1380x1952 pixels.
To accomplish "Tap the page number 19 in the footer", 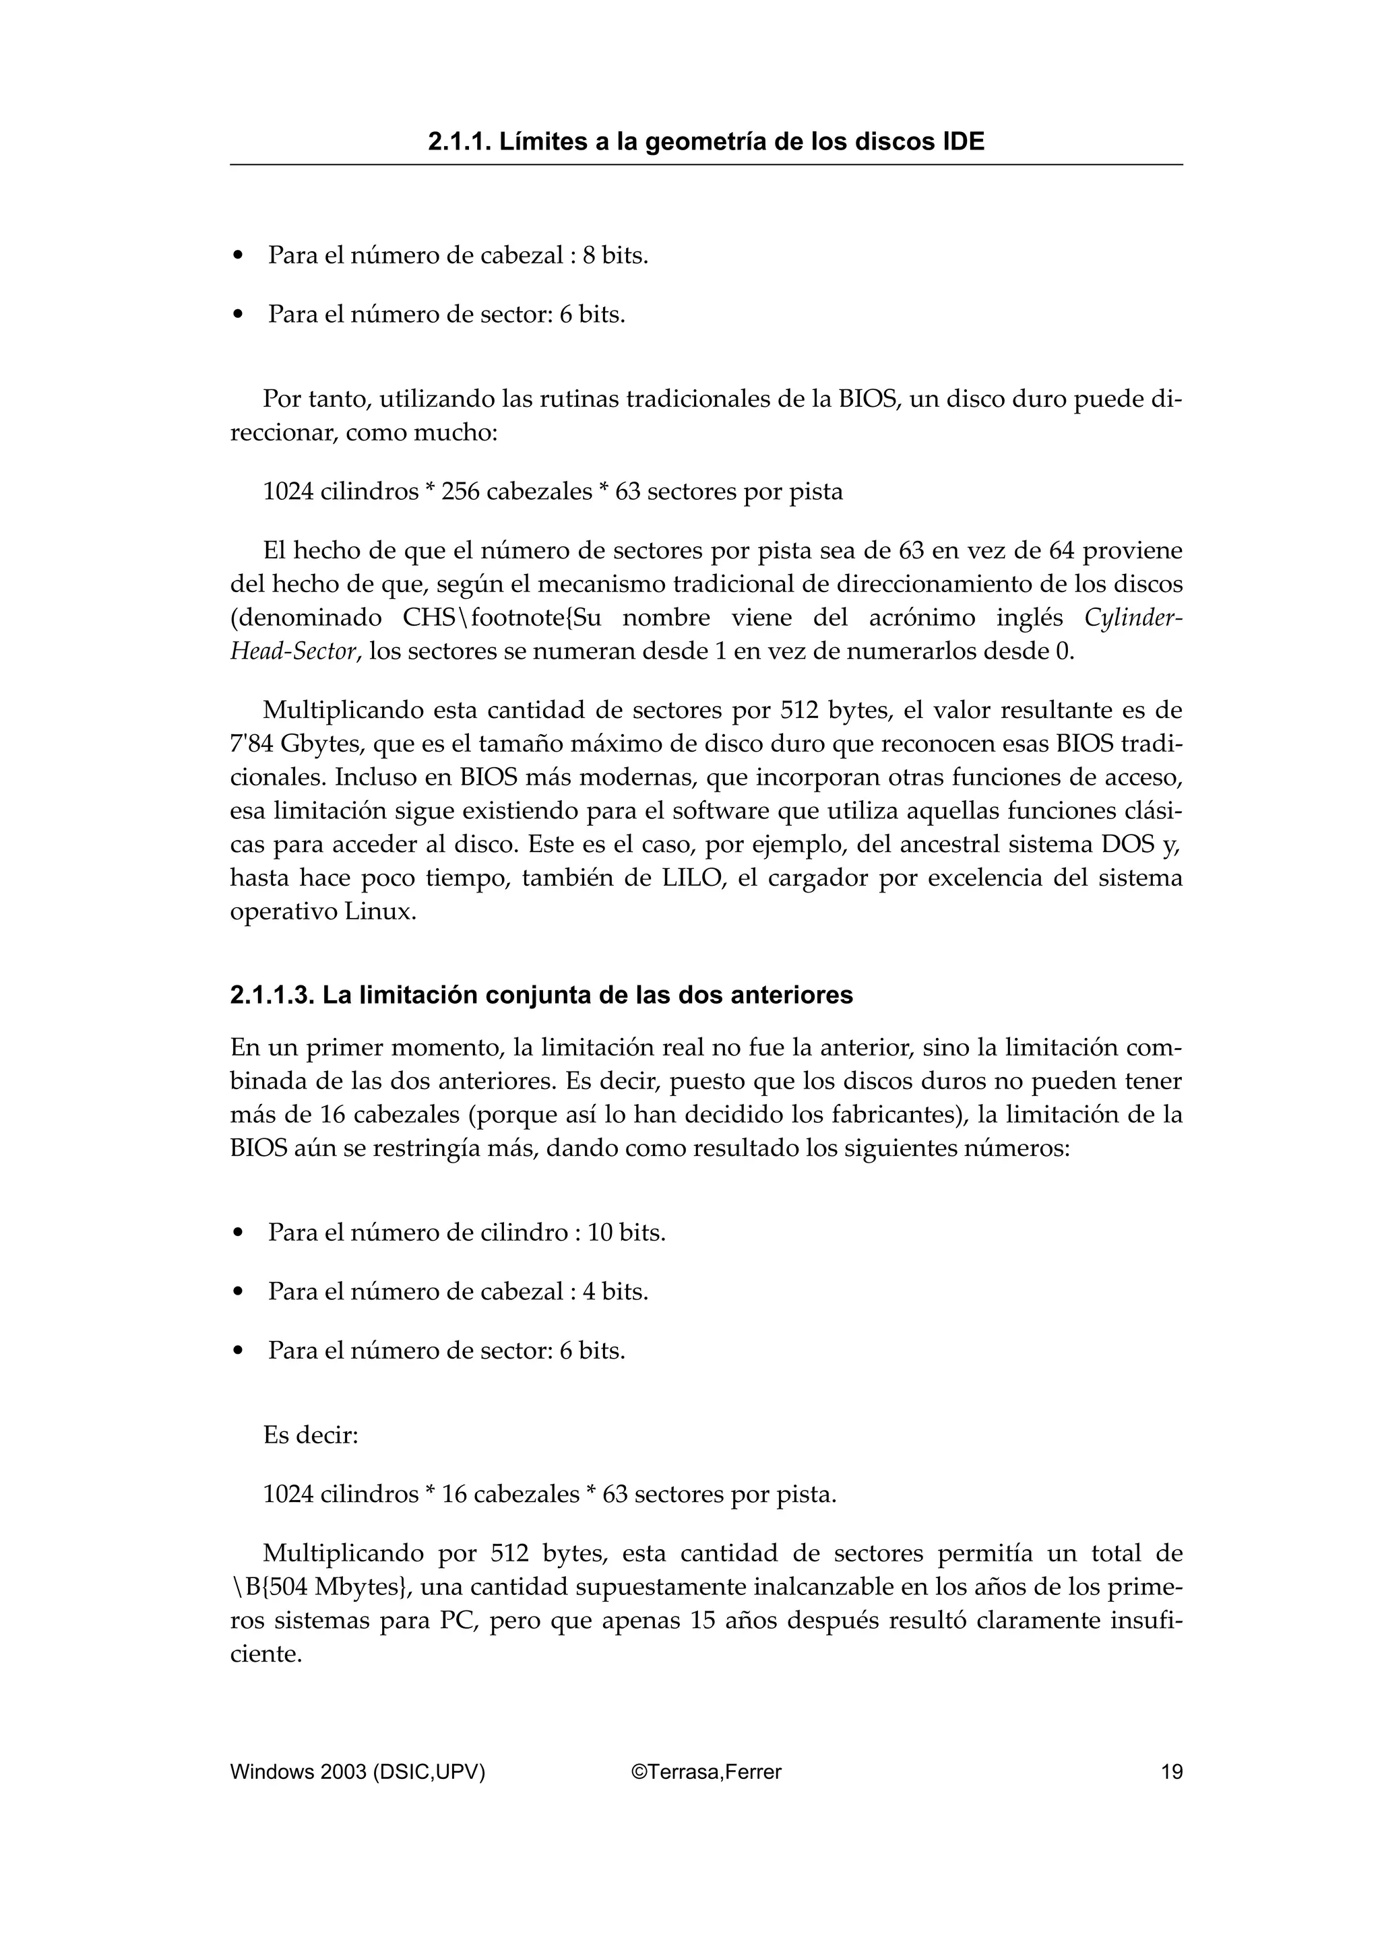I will [x=1171, y=1771].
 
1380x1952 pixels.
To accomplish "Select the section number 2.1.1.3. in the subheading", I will [x=272, y=995].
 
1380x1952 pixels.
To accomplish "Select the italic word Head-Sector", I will [x=292, y=652].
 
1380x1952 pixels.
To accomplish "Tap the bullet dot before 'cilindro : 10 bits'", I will [x=239, y=1233].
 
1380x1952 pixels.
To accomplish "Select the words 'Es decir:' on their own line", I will [x=311, y=1435].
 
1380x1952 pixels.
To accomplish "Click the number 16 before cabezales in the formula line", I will [x=454, y=1494].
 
